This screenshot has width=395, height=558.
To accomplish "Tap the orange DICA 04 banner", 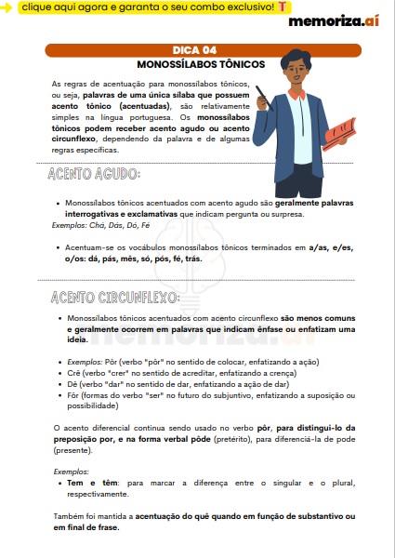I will (x=197, y=50).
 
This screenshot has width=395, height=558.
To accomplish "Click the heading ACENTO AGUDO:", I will (x=94, y=175).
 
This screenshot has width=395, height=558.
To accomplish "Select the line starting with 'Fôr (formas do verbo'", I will (x=204, y=393).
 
